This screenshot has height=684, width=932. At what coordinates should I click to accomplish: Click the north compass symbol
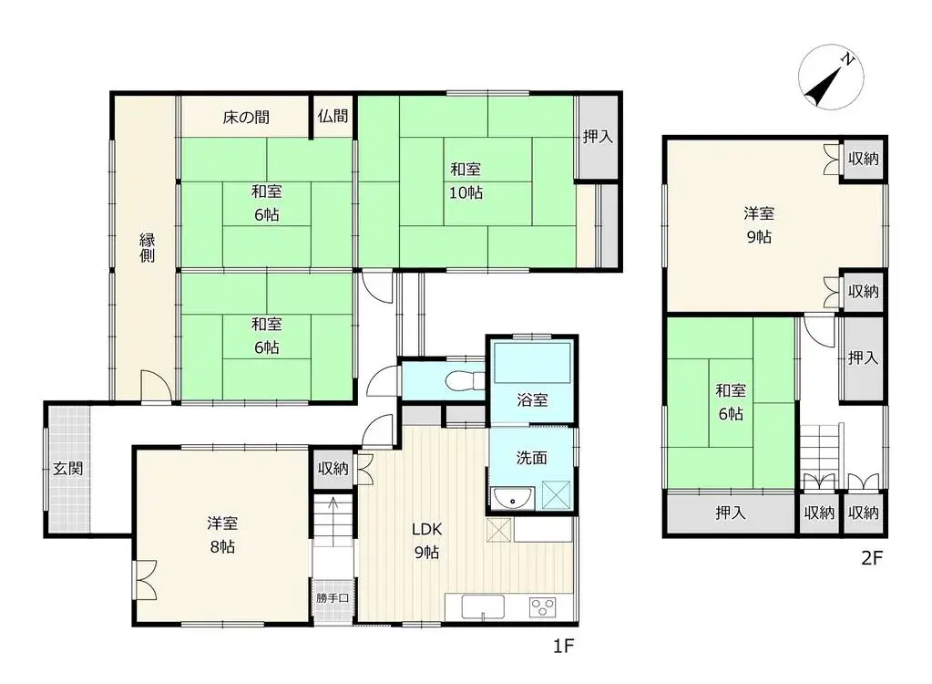click(x=830, y=78)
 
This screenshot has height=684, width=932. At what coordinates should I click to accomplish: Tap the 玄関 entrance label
click(x=67, y=469)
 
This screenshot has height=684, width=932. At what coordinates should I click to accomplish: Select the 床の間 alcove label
click(x=246, y=117)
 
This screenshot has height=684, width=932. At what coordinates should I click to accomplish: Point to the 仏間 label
click(x=333, y=116)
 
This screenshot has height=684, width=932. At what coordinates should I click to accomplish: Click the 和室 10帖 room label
click(x=466, y=181)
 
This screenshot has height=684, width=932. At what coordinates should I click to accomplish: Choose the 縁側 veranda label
click(x=147, y=247)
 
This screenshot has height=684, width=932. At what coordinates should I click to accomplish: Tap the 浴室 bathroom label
click(x=532, y=399)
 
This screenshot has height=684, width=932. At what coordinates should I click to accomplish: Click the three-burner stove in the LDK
click(x=542, y=607)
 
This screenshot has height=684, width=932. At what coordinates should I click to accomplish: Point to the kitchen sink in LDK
click(x=483, y=606)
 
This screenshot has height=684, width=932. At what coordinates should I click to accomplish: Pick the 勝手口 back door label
click(x=333, y=597)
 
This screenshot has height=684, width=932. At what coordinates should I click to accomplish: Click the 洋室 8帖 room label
click(x=222, y=534)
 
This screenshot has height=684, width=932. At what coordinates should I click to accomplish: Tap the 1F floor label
click(x=563, y=646)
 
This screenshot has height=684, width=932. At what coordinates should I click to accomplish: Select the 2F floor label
click(x=872, y=558)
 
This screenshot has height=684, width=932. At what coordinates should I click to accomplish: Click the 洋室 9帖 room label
click(x=759, y=225)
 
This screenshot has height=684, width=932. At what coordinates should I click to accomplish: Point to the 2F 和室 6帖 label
click(x=731, y=402)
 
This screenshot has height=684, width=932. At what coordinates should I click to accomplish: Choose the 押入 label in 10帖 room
click(x=598, y=136)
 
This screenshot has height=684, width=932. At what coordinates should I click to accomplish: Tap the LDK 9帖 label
click(x=426, y=541)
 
